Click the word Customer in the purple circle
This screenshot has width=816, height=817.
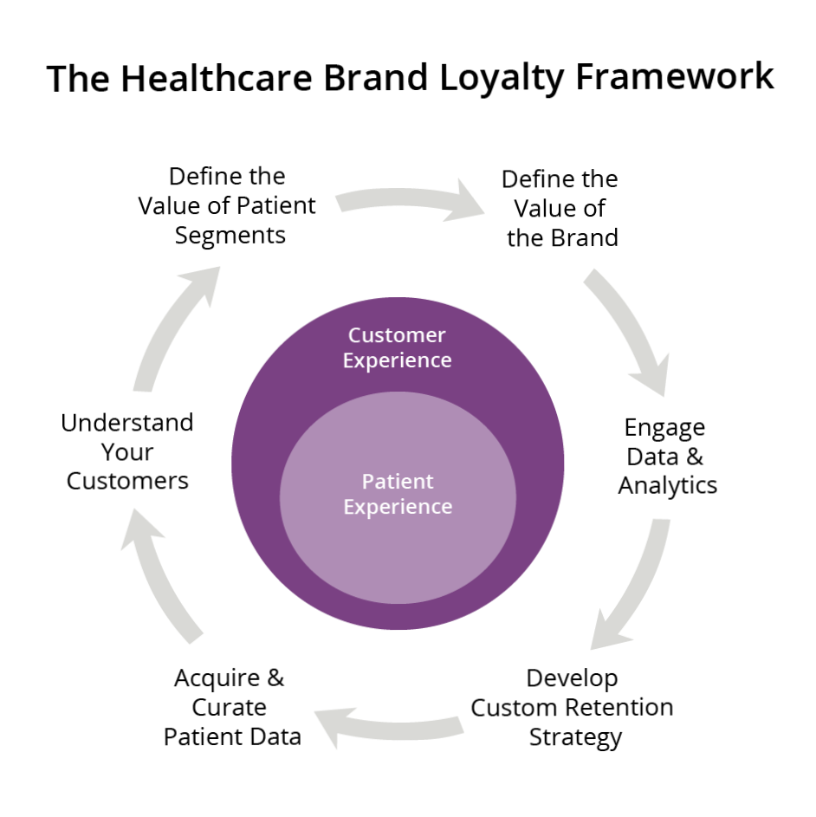pos(397,335)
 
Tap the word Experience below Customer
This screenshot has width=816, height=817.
pos(397,360)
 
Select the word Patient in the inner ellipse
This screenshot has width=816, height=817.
pos(398,481)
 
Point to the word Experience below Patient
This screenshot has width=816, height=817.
pos(398,506)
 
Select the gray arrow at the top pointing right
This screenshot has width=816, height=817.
pos(407,201)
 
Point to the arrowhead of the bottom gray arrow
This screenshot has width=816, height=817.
pos(334,723)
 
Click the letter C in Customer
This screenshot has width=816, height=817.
pos(355,335)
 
